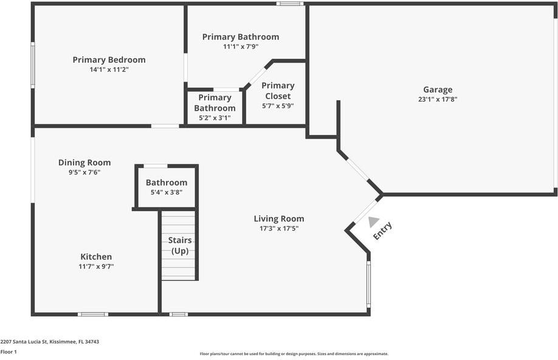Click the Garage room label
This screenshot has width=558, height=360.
point(438,89)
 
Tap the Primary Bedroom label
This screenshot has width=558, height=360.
point(109,60)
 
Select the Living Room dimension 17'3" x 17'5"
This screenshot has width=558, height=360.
point(278,229)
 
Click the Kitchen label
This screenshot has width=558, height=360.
point(96,257)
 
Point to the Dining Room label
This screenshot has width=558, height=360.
point(84,162)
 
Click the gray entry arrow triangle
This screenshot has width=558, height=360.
point(373,222)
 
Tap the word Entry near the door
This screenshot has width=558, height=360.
point(382,231)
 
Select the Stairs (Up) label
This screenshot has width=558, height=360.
point(179,246)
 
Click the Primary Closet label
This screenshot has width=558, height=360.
point(278,91)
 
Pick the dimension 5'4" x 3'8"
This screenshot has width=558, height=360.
point(166,192)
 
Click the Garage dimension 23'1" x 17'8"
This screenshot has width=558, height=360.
point(438,99)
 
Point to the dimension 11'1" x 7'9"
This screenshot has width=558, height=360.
point(241,46)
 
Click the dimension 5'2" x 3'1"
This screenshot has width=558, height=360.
point(215,118)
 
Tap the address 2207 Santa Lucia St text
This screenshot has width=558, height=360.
point(49,342)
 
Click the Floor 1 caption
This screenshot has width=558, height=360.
point(9,351)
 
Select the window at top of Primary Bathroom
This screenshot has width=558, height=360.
point(290,4)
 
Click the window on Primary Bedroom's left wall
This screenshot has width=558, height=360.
point(33,64)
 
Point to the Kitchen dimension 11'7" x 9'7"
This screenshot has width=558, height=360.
point(96,266)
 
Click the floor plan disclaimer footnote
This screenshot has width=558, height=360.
point(294,353)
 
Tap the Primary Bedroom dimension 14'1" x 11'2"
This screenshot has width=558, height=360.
point(109,69)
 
